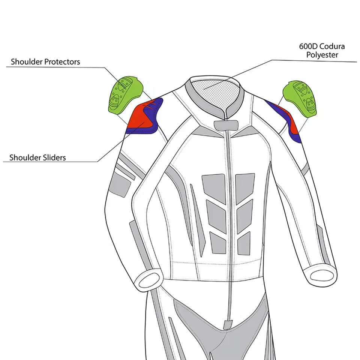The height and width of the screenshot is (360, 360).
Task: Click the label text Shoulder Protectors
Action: (x=45, y=61)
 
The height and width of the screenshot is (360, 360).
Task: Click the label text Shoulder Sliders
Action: (x=37, y=157)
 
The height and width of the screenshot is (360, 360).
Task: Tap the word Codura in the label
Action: (x=332, y=47)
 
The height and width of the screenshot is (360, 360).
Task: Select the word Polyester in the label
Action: (x=322, y=55)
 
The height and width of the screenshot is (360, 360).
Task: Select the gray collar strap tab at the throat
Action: (x=224, y=125)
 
